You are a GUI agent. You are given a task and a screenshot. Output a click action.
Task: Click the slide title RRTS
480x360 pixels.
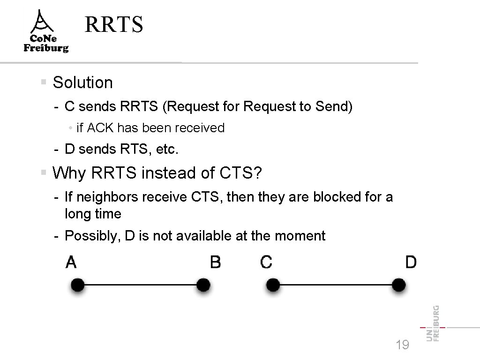tap(113, 25)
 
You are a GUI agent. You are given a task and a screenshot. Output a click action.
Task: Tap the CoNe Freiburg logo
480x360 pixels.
tap(46, 32)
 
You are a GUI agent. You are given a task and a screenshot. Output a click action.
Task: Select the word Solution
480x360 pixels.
tap(83, 82)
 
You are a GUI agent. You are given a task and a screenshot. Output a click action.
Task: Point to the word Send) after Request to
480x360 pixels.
tap(334, 107)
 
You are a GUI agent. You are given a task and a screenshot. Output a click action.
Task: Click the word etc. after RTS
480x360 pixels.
tap(167, 150)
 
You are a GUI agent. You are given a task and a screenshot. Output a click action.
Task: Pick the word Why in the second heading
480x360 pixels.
tap(69, 173)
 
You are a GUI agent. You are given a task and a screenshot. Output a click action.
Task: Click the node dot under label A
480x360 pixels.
tap(78, 285)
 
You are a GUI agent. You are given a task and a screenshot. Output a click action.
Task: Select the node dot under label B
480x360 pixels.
tap(203, 285)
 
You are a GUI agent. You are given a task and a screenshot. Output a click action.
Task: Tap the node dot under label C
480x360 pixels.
tap(273, 285)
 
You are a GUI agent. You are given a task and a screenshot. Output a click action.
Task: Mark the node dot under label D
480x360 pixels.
tap(398, 285)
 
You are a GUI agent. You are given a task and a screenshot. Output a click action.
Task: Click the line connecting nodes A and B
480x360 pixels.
tap(141, 285)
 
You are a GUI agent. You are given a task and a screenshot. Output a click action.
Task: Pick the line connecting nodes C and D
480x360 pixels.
tap(336, 285)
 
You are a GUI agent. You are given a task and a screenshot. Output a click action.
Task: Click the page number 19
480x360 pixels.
tap(402, 345)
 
